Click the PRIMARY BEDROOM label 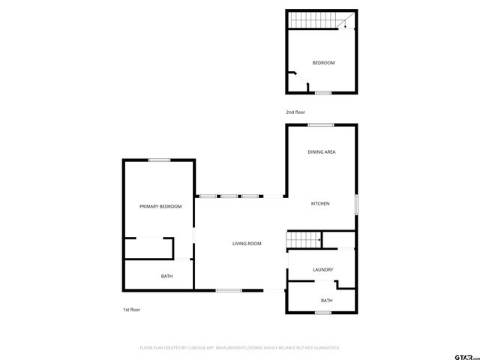[x=160, y=206]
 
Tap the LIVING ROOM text [x=247, y=244]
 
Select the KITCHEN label [x=321, y=203]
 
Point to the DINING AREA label [x=321, y=152]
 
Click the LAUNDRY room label [x=322, y=269]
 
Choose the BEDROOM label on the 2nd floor [x=323, y=62]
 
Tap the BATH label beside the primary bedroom [x=166, y=276]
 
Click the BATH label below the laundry [x=326, y=300]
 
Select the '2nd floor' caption [x=295, y=112]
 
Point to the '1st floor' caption [x=131, y=310]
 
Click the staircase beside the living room [x=304, y=240]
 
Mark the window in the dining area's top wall [x=321, y=124]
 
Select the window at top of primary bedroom [x=158, y=160]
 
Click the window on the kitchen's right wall [x=356, y=205]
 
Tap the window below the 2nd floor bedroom [x=322, y=93]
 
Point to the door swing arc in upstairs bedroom [x=293, y=78]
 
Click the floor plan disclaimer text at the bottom [x=240, y=348]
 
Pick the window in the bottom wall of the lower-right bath [x=323, y=312]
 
